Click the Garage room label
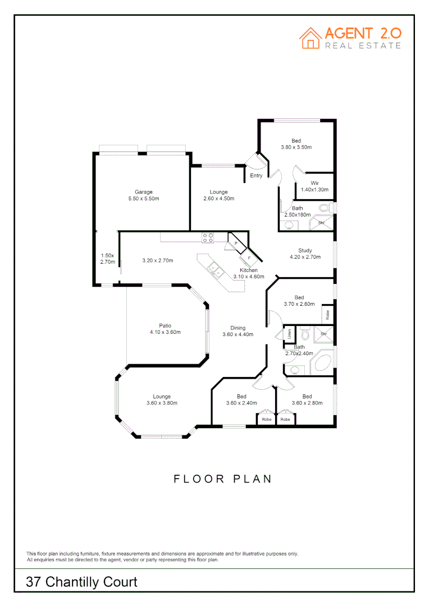pyautogui.click(x=143, y=192)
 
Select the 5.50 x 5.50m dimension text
pyautogui.click(x=143, y=199)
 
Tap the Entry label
pyautogui.click(x=256, y=176)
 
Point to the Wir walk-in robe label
pyautogui.click(x=315, y=183)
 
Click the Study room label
pyautogui.click(x=305, y=250)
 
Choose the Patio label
pyautogui.click(x=165, y=325)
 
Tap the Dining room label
pyautogui.click(x=238, y=328)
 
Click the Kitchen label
pyautogui.click(x=248, y=270)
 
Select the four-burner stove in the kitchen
pyautogui.click(x=208, y=237)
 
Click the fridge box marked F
pyautogui.click(x=249, y=257)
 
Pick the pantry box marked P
pyautogui.click(x=236, y=244)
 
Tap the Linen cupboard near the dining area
pyautogui.click(x=289, y=334)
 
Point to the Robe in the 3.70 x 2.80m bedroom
pyautogui.click(x=326, y=313)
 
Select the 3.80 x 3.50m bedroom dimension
pyautogui.click(x=296, y=147)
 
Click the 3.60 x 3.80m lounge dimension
pyautogui.click(x=162, y=403)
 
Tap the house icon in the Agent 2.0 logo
pyautogui.click(x=310, y=38)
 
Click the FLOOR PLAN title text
pyautogui.click(x=222, y=479)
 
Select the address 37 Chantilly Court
pyautogui.click(x=81, y=582)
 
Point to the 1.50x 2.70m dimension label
pyautogui.click(x=107, y=259)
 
